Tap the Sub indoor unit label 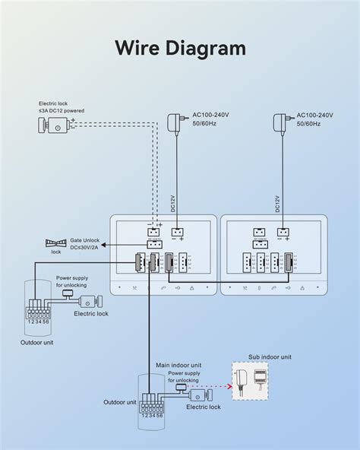pos(270,357)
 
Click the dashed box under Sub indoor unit pos(255,381)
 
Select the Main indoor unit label pos(180,366)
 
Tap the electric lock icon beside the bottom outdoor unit pos(200,395)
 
